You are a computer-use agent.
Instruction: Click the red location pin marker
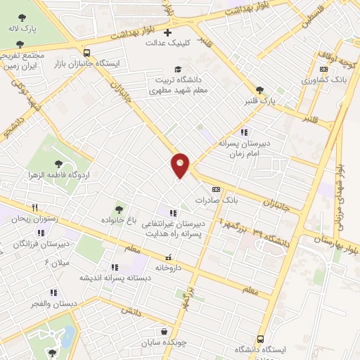pyautogui.click(x=181, y=165)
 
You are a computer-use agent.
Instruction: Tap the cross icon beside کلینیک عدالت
pyautogui.click(x=167, y=32)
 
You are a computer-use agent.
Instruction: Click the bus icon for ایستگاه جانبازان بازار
pyautogui.click(x=86, y=52)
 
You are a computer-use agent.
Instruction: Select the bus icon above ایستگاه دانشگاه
pyautogui.click(x=261, y=338)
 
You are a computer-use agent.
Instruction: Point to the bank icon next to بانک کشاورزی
pyautogui.click(x=323, y=70)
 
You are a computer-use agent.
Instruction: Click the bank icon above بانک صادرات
pyautogui.click(x=216, y=188)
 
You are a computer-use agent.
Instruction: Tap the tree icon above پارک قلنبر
pyautogui.click(x=261, y=90)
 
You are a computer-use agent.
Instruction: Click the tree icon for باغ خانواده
pyautogui.click(x=119, y=208)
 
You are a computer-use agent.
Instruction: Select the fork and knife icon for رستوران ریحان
pyautogui.click(x=34, y=207)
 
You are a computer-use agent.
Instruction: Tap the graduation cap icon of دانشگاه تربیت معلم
pyautogui.click(x=178, y=69)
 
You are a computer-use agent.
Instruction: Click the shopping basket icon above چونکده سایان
pyautogui.click(x=164, y=331)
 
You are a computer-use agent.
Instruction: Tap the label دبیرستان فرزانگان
pyautogui.click(x=44, y=243)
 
